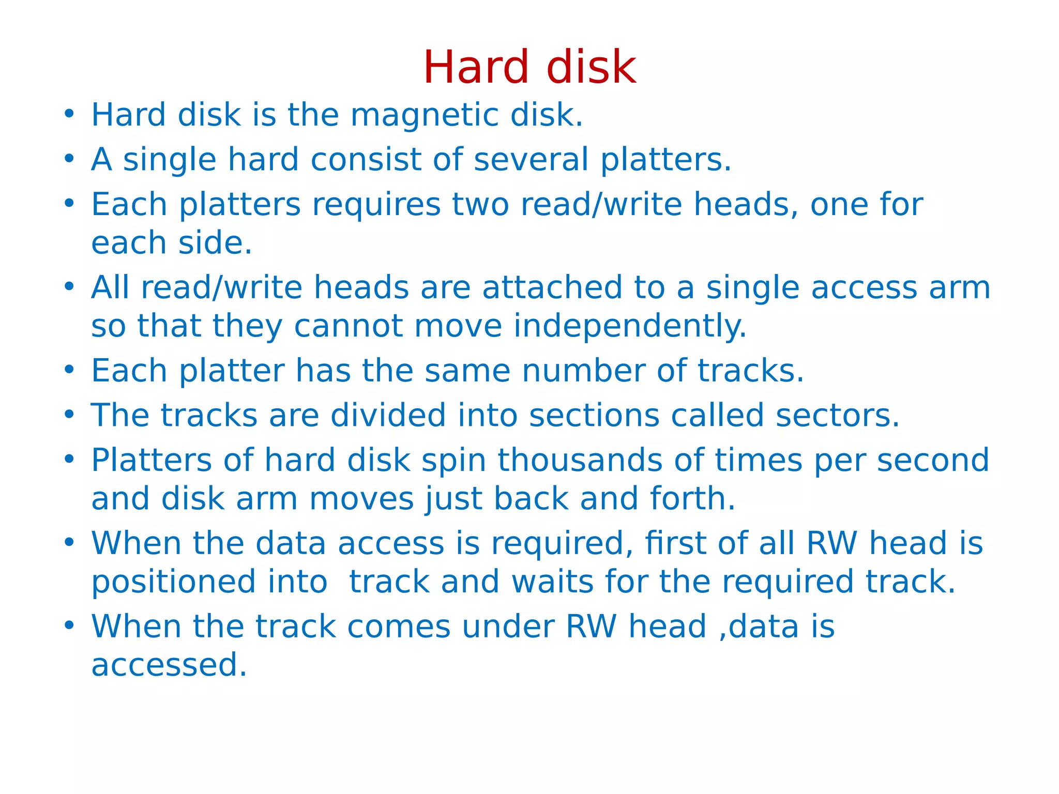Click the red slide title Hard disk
pos(529,67)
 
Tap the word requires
pos(376,205)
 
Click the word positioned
pos(173,582)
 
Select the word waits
pos(552,582)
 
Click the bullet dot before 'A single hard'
pos(69,159)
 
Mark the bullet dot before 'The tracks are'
pos(69,415)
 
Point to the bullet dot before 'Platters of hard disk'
pos(69,460)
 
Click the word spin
pos(453,461)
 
